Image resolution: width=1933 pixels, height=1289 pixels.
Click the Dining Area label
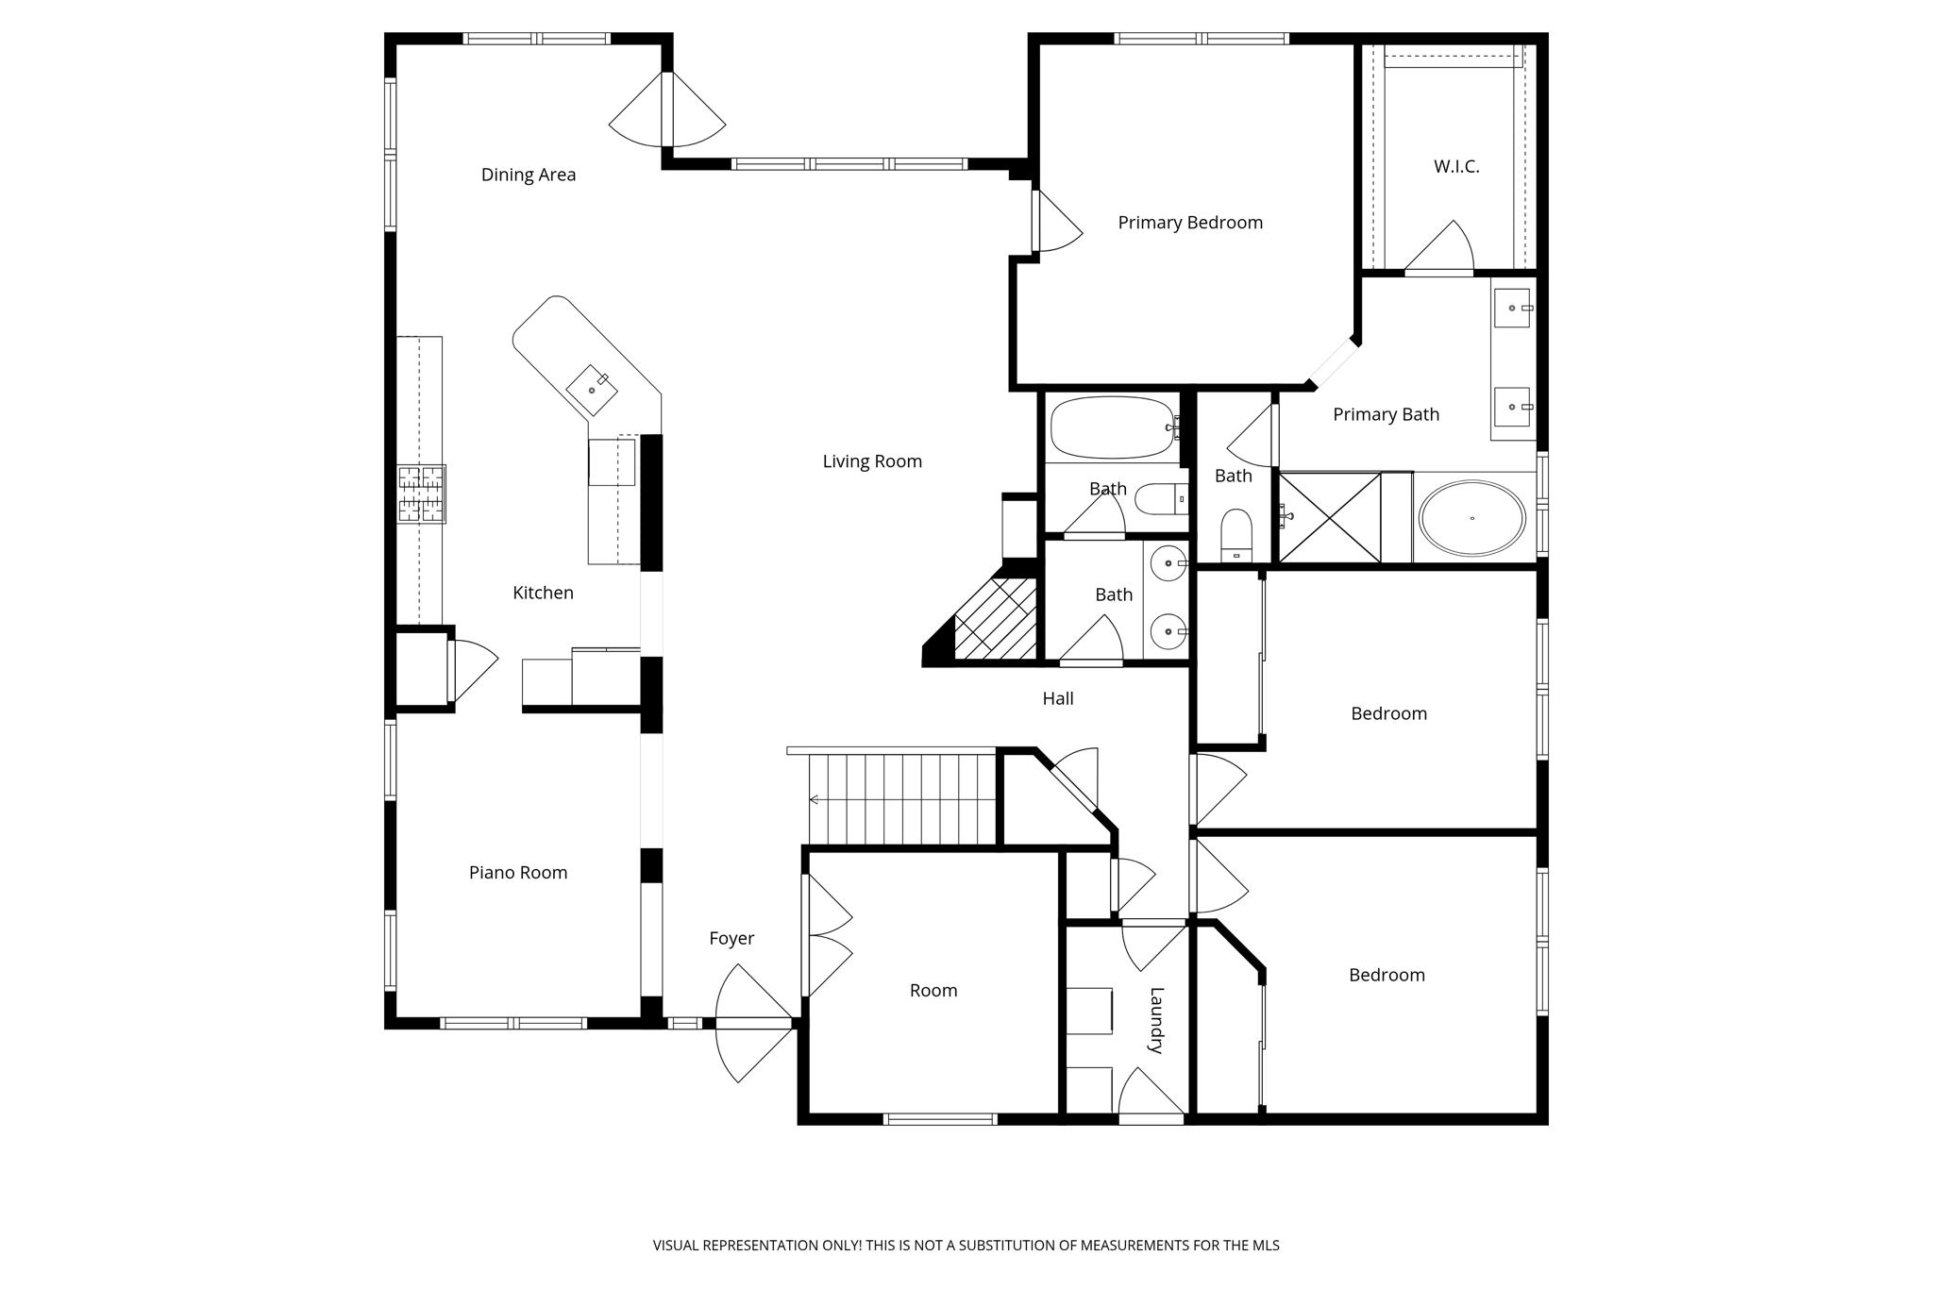point(528,175)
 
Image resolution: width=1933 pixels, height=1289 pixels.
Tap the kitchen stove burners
point(421,494)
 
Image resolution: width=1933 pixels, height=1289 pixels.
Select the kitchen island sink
point(592,390)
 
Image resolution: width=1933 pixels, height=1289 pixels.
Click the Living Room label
point(871,461)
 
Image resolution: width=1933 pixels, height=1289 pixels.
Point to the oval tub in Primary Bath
point(1471,518)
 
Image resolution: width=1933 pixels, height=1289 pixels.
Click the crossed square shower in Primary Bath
point(1330,518)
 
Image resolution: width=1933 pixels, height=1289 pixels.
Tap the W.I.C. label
point(1455,167)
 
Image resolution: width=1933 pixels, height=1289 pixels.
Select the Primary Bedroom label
point(1189,223)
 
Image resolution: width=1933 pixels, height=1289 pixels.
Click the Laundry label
point(1156,1020)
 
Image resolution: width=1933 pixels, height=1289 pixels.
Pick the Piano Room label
point(518,873)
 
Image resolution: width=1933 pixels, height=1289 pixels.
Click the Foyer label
point(731,939)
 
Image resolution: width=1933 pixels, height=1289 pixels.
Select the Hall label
point(1057,699)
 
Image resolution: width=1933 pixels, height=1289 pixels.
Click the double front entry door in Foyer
point(753,1023)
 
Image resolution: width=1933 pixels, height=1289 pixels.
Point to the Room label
point(933,991)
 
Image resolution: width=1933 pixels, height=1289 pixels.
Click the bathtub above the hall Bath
point(1112,427)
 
